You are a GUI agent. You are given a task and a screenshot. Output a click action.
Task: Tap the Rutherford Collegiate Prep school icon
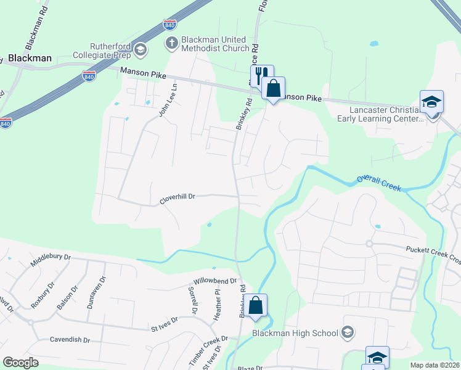click(141, 49)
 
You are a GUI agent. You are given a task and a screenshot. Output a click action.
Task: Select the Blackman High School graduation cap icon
click(347, 333)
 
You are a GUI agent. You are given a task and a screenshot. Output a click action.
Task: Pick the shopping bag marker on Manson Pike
click(273, 88)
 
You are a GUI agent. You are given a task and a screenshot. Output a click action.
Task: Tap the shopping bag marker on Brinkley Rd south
click(255, 304)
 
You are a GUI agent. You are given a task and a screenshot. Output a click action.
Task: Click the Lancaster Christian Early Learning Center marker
click(431, 101)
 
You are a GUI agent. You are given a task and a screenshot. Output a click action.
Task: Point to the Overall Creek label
click(378, 182)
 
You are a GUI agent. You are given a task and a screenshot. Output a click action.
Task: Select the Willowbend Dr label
click(214, 281)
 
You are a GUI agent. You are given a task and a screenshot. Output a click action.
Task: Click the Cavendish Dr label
click(70, 340)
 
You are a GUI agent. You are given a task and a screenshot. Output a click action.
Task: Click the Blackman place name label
click(30, 58)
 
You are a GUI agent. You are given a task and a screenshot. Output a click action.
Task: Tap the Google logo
click(20, 363)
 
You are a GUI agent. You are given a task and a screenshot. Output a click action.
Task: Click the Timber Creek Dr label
click(208, 351)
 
